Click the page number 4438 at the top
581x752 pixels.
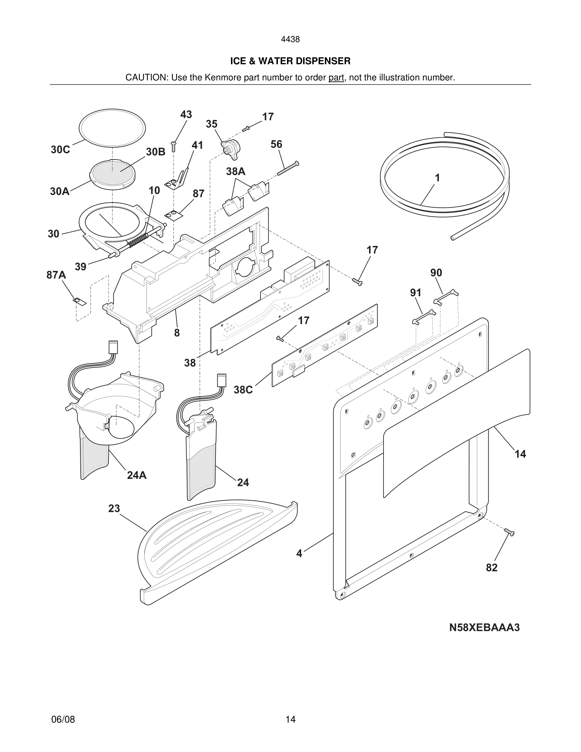pyautogui.click(x=290, y=40)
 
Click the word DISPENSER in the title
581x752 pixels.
pyautogui.click(x=323, y=61)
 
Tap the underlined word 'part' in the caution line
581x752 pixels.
pyautogui.click(x=336, y=78)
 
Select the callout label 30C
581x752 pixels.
pyautogui.click(x=60, y=150)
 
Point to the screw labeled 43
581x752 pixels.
pyautogui.click(x=173, y=147)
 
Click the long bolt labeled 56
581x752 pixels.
pyautogui.click(x=287, y=168)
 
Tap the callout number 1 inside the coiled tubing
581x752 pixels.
pyautogui.click(x=437, y=178)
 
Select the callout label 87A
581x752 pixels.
pyautogui.click(x=56, y=275)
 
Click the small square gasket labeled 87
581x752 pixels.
pyautogui.click(x=174, y=215)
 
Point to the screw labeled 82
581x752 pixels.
pyautogui.click(x=509, y=532)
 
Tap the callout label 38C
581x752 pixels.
pyautogui.click(x=243, y=390)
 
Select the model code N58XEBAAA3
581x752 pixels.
pyautogui.click(x=484, y=628)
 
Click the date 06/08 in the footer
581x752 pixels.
pyautogui.click(x=63, y=719)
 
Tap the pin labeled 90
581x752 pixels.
pyautogui.click(x=446, y=297)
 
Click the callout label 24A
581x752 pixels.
pyautogui.click(x=137, y=475)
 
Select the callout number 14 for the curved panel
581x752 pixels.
pyautogui.click(x=520, y=454)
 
